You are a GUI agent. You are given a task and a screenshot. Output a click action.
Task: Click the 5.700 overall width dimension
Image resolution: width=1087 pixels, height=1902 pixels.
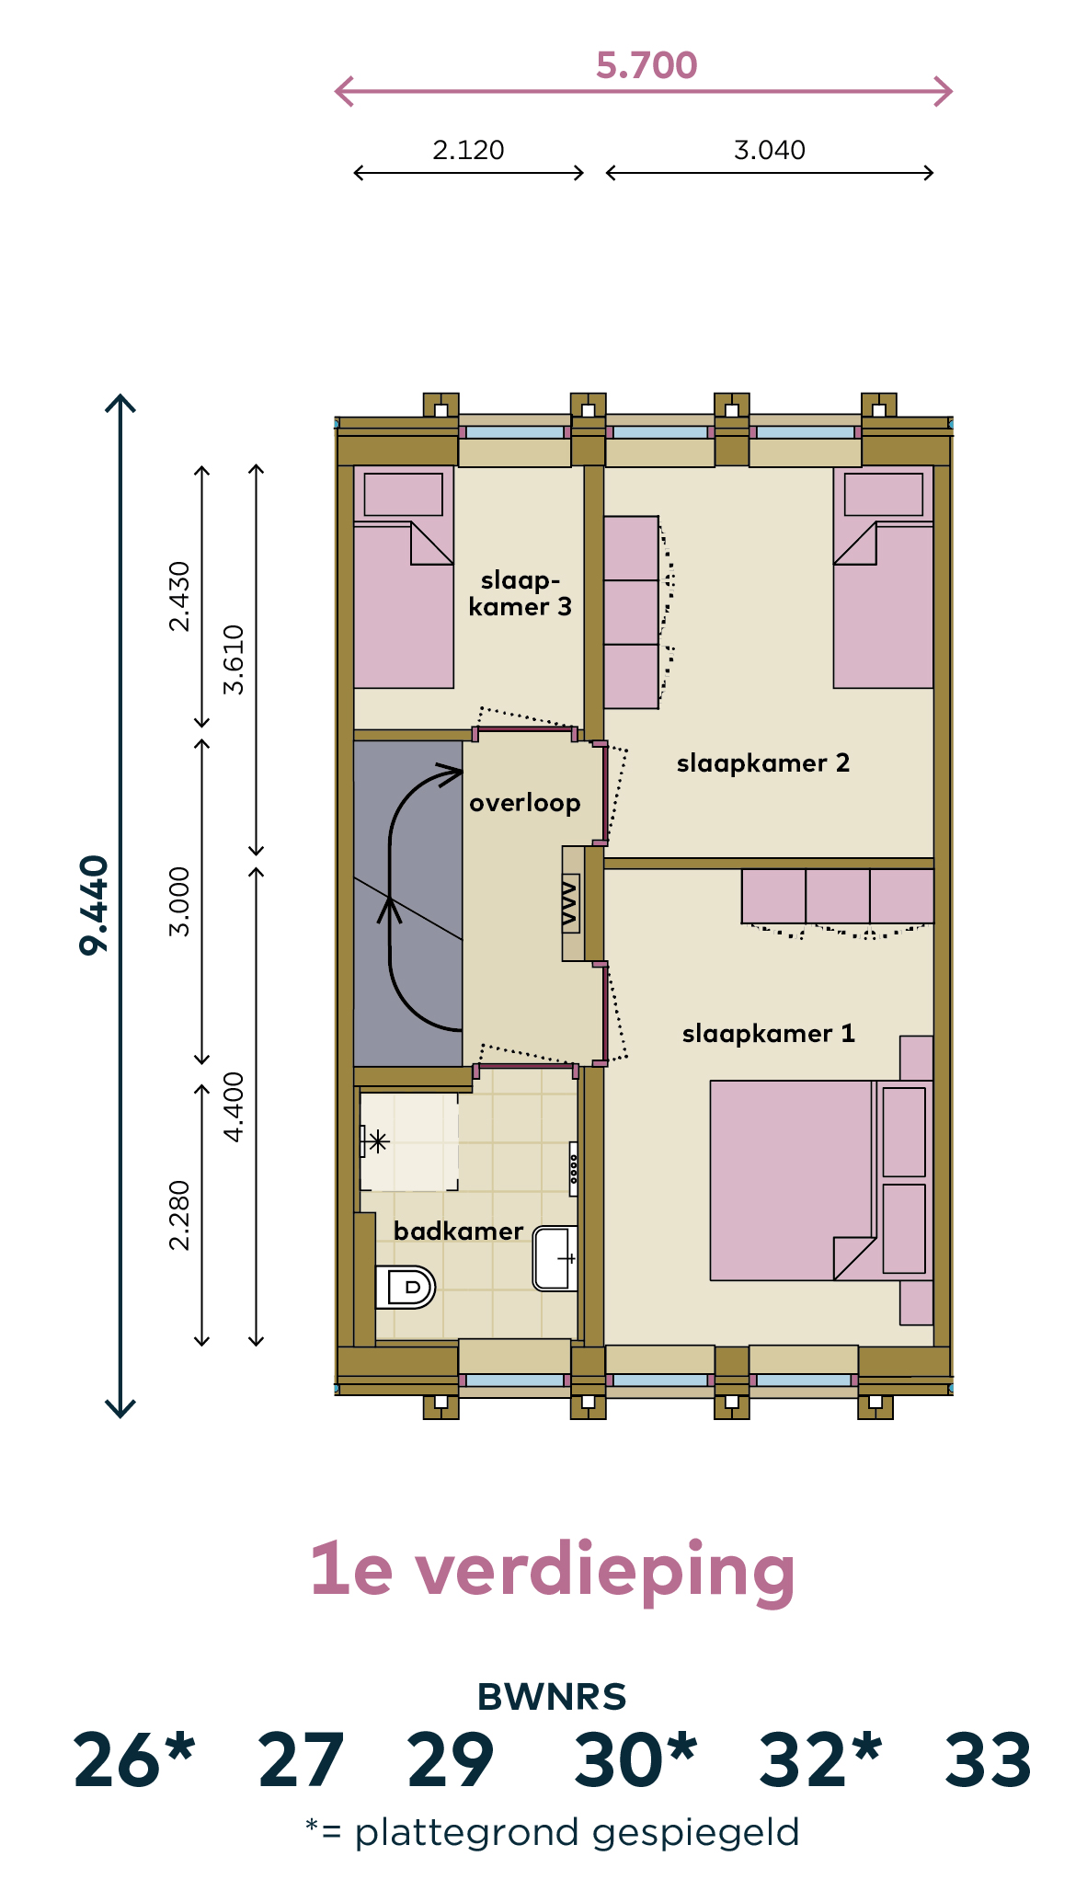[x=646, y=65]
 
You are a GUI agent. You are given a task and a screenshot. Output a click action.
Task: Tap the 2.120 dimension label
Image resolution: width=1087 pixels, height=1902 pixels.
[x=468, y=150]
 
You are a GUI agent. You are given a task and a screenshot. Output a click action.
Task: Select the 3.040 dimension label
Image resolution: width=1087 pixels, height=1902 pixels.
[x=770, y=150]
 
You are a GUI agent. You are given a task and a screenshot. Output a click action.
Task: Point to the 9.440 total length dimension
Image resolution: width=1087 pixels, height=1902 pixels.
[x=95, y=906]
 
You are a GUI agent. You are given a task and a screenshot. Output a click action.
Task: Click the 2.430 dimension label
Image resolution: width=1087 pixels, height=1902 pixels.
[x=179, y=596]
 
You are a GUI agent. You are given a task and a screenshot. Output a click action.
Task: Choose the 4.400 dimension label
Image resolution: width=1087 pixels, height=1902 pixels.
[x=235, y=1106]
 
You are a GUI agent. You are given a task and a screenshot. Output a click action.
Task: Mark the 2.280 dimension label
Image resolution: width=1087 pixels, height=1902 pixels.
[x=179, y=1215]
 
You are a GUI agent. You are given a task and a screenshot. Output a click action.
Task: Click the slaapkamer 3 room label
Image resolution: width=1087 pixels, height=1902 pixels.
[x=521, y=593]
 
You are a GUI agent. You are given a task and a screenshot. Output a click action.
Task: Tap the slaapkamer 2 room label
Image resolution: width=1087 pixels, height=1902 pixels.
[x=763, y=763]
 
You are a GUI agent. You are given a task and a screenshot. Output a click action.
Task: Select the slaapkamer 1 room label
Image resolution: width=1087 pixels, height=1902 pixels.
[x=769, y=1034]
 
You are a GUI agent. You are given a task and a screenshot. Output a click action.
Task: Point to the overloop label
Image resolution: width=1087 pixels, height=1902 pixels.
[x=525, y=803]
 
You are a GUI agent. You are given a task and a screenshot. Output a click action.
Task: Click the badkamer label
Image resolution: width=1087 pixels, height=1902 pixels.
[x=459, y=1231]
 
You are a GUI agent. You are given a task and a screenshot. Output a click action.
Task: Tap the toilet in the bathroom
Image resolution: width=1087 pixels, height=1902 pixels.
[x=405, y=1287]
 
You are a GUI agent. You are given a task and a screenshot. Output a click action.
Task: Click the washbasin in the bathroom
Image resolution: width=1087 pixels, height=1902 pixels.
[x=555, y=1258]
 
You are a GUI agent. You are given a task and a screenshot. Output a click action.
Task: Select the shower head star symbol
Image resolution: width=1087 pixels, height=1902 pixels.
[x=377, y=1142]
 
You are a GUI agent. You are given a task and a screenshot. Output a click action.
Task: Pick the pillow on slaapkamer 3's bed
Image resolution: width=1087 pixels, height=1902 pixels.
[x=404, y=495]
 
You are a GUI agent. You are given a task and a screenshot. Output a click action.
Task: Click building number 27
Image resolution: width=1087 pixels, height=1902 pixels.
[x=302, y=1760]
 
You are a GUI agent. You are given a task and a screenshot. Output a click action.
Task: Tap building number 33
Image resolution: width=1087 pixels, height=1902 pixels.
[x=989, y=1760]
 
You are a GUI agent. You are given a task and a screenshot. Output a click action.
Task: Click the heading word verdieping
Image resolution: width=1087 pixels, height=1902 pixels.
[x=605, y=1571]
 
